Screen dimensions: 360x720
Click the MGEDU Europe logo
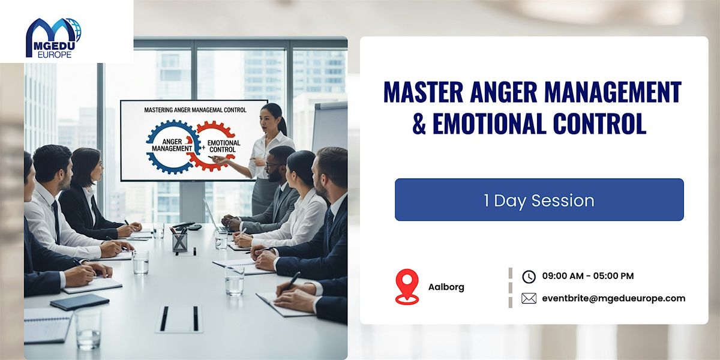tap(53, 38)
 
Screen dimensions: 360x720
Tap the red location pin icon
tap(407, 286)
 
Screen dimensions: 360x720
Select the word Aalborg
tap(446, 287)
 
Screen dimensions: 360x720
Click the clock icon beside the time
tap(529, 276)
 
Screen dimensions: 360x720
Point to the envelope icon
tap(529, 298)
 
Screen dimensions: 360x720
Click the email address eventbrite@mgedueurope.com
tap(613, 298)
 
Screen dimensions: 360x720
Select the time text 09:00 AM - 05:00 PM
tap(587, 276)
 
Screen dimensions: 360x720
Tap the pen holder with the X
tap(179, 241)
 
